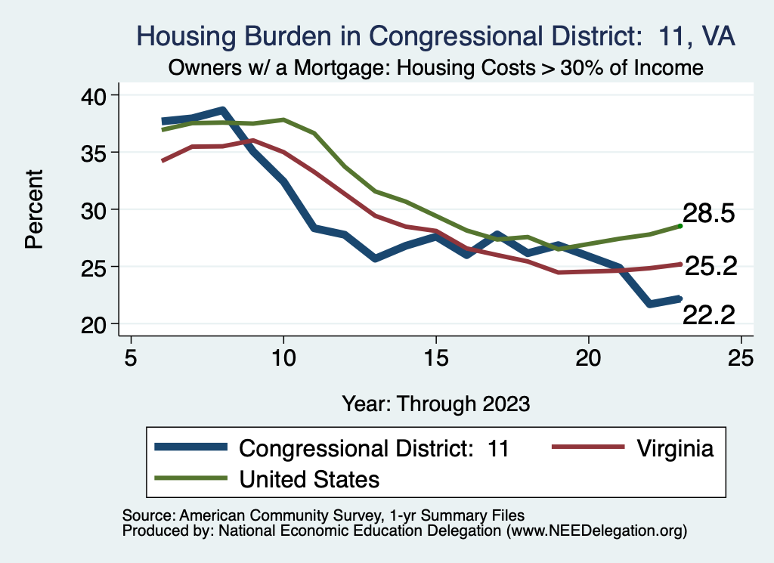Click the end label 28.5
708,214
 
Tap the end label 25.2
709,266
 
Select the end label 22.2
709,315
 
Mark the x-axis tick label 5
132,357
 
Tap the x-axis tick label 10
283,357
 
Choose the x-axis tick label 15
435,357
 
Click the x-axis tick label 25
740,357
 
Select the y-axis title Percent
35,209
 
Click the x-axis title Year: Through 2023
435,403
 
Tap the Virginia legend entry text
674,448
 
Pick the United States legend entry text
309,478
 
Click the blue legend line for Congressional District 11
190,447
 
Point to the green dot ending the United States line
680,225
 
